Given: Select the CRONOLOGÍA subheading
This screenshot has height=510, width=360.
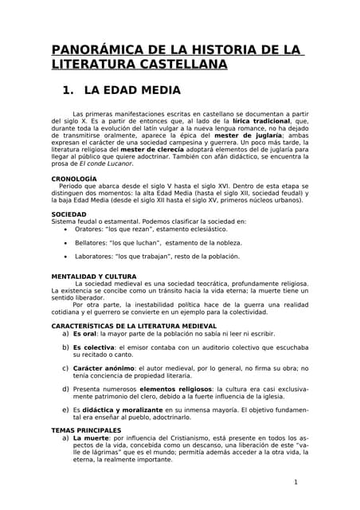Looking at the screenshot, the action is point(74,178).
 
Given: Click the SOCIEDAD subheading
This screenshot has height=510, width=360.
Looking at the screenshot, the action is point(69,214).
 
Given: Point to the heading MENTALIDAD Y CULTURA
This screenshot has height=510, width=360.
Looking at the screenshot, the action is point(93,276).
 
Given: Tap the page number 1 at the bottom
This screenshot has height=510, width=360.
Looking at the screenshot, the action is point(295,482).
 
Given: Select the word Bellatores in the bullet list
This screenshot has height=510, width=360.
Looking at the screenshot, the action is point(92,242).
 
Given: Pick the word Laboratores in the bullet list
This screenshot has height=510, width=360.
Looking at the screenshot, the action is point(94,257).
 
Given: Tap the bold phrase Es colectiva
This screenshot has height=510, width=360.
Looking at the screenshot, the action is point(93,347).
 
